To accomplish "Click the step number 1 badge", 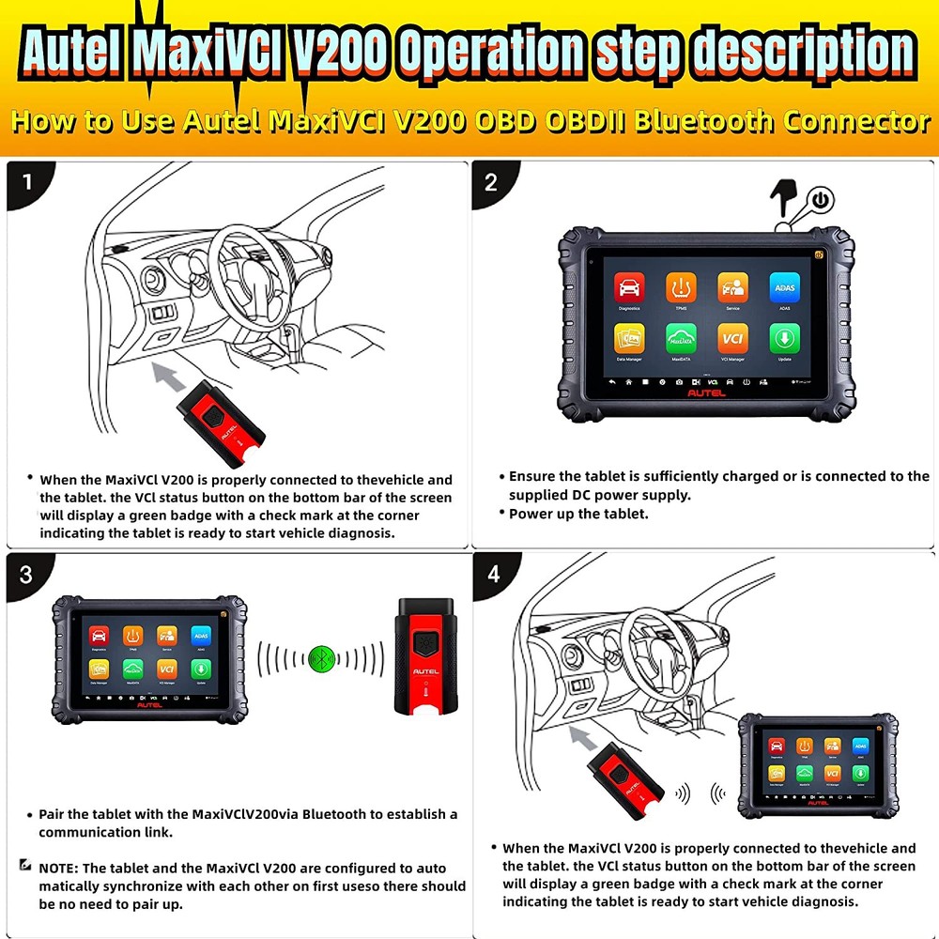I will click(x=27, y=181).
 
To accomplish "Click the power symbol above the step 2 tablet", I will click(x=822, y=200).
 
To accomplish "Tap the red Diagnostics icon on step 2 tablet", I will click(x=629, y=288).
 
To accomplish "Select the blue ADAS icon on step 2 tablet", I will click(x=784, y=288).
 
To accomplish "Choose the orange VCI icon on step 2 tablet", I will click(x=732, y=339).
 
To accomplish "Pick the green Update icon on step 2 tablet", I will click(x=784, y=339).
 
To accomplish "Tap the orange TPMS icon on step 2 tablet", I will click(x=681, y=288).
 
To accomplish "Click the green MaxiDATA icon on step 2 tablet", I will click(x=681, y=339).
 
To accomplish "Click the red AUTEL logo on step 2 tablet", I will click(x=707, y=396).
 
